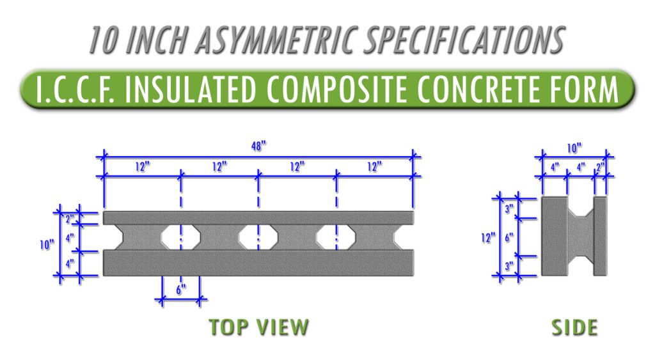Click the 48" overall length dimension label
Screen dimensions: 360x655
click(258, 146)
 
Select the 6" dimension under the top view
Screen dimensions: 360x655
click(181, 288)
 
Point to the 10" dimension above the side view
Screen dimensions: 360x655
click(574, 148)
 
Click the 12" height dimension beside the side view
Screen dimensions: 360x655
click(488, 238)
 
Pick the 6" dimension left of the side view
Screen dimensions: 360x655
click(509, 237)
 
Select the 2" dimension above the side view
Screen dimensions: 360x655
click(599, 167)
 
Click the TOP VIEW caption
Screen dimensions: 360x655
click(258, 327)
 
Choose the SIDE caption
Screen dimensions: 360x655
click(574, 327)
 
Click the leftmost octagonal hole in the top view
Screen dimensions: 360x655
click(180, 237)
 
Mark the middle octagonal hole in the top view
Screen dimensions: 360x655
click(258, 237)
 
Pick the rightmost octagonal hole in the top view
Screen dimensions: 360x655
click(336, 237)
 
